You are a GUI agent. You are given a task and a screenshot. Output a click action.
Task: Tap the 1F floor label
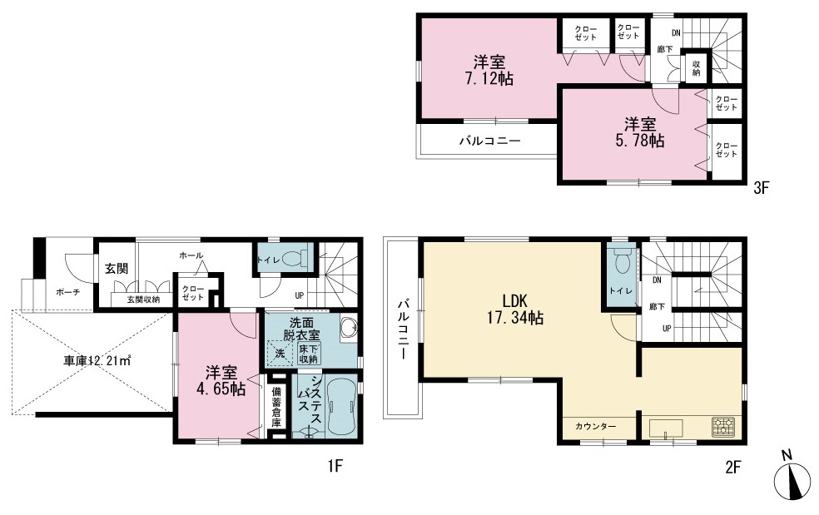(335, 465)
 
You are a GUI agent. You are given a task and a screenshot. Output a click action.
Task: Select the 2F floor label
(733, 467)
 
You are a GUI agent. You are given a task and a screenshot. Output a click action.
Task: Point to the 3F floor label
(762, 188)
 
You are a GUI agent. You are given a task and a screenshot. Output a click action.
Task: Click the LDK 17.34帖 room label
(515, 309)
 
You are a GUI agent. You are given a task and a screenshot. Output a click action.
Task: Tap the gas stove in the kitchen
(722, 425)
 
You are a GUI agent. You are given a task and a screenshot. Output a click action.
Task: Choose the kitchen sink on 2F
(666, 428)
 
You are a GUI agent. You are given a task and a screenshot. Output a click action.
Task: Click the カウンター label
(596, 426)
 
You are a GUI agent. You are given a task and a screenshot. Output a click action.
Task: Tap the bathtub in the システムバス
(341, 406)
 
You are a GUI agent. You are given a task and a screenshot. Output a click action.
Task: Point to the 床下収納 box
(308, 354)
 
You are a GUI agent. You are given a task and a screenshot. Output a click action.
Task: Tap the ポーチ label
(68, 293)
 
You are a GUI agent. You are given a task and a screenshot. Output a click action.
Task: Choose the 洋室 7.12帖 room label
(489, 71)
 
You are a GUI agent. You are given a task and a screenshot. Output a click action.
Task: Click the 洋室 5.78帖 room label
(640, 132)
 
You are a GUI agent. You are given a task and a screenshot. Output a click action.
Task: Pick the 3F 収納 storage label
(697, 68)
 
